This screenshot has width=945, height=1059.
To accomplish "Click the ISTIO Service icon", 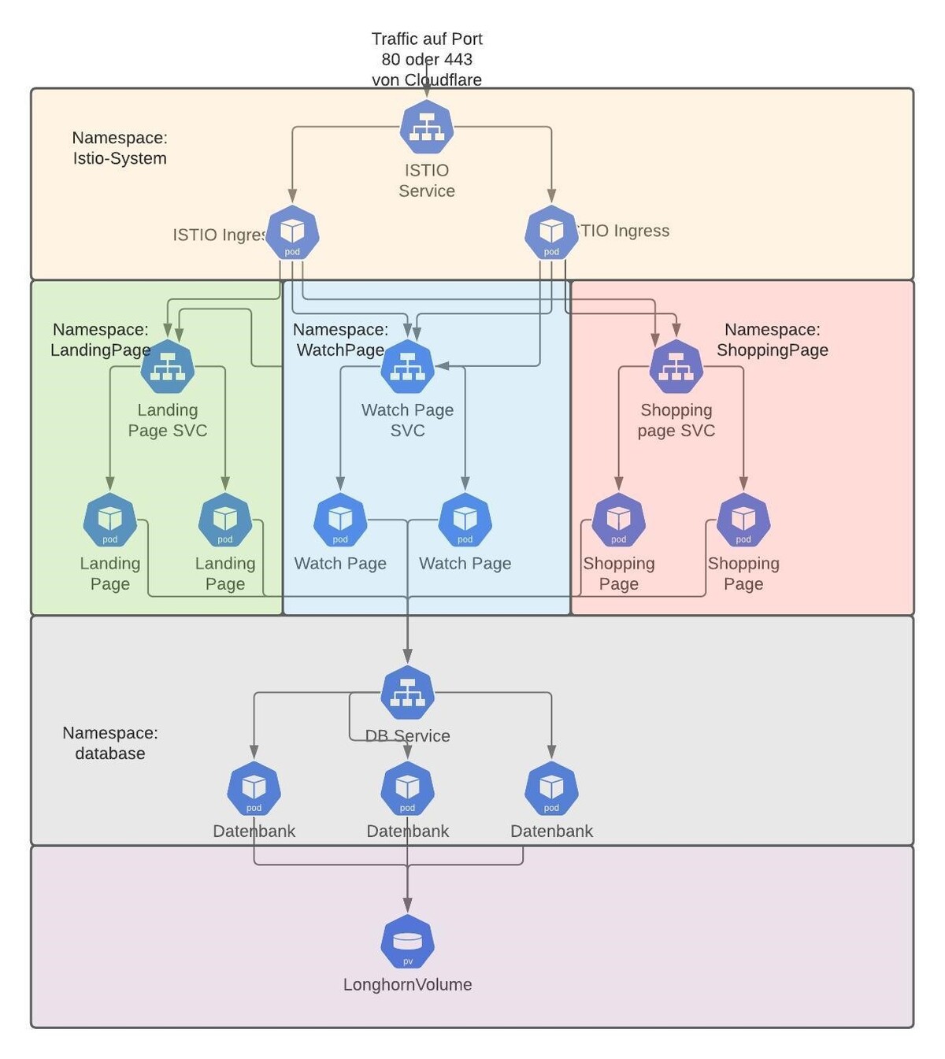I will [426, 128].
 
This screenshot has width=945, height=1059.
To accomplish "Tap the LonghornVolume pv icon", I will [407, 942].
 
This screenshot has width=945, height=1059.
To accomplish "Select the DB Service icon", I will [407, 693].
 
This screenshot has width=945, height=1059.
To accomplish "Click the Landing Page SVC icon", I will [168, 367].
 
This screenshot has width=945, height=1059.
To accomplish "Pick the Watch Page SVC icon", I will [407, 367].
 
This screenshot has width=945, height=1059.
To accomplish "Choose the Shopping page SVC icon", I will [676, 367].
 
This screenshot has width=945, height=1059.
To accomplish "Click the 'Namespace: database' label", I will [110, 742].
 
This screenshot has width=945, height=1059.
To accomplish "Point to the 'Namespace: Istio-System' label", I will [120, 148].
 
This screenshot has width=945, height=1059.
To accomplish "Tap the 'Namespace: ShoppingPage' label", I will [772, 339].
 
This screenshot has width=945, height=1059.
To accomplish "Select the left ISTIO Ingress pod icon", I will [292, 232].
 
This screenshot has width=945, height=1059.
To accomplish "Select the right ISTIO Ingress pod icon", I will [551, 232].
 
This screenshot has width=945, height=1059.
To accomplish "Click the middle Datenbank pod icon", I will [407, 788].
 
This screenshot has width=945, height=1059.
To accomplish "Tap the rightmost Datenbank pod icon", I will [551, 788].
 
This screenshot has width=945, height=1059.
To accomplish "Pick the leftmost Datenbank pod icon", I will [254, 788].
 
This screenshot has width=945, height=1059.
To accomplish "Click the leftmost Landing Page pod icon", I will [110, 520].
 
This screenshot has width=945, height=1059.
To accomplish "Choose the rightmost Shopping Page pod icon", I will [743, 520].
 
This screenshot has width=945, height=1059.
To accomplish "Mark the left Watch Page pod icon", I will [340, 520].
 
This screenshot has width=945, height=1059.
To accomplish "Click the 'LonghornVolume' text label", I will [407, 984].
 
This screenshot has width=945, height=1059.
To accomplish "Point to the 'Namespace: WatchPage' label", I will [340, 339].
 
